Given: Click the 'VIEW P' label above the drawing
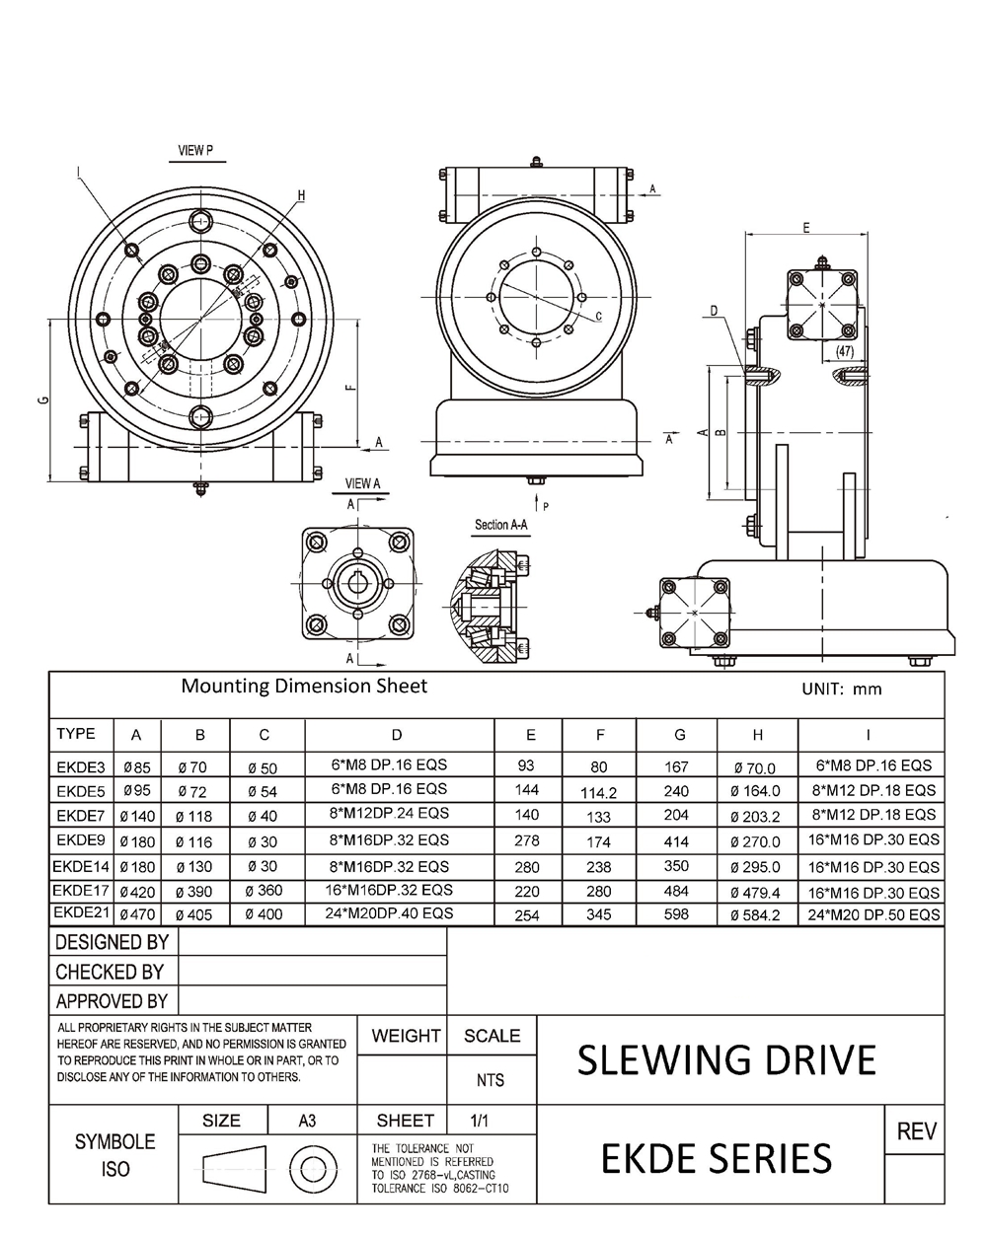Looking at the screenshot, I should click(x=194, y=151).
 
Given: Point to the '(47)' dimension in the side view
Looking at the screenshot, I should click(x=844, y=350).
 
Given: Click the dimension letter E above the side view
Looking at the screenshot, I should click(x=806, y=228).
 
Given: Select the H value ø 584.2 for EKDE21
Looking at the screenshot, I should click(x=755, y=915).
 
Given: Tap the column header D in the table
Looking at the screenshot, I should click(x=397, y=734).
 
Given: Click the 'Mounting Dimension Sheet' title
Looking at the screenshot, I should click(x=304, y=686).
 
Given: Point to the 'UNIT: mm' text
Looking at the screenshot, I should click(x=841, y=689).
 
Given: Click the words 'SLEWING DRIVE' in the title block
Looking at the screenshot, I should click(x=726, y=1060).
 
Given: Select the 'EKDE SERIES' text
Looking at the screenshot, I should click(x=716, y=1157).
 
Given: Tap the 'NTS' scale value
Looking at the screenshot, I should click(x=491, y=1080).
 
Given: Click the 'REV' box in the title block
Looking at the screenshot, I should click(x=916, y=1131).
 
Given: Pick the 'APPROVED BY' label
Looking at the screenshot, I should click(x=112, y=1001).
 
